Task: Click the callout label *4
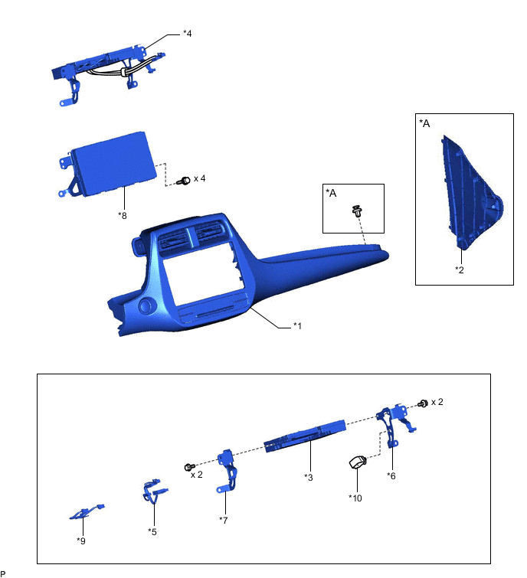[188, 34]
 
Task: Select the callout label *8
[123, 215]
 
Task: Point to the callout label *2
[459, 269]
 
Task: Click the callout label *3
[309, 476]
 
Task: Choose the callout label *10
[355, 498]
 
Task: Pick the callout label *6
[391, 475]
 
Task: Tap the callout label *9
[81, 540]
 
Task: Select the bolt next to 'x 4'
[183, 181]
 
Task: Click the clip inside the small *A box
[356, 209]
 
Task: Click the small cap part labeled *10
[358, 462]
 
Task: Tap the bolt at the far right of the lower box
[423, 403]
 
